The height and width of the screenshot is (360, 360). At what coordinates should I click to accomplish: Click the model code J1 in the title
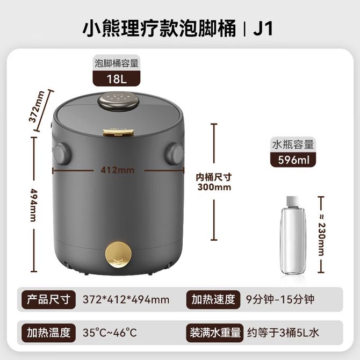point(263,28)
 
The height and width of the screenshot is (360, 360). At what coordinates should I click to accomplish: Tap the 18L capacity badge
point(117,79)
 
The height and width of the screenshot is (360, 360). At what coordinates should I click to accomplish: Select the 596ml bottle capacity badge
point(293,160)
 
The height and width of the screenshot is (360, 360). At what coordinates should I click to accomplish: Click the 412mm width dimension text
point(117,170)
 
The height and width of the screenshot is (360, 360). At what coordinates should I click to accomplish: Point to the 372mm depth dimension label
point(37,107)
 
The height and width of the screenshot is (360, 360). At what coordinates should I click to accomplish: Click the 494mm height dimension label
point(34,205)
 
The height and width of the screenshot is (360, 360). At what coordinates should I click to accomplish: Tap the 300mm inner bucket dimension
point(214,187)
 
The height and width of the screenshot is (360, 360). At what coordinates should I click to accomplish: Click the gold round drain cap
point(118,255)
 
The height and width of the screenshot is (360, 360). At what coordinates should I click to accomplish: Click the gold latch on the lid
point(118,133)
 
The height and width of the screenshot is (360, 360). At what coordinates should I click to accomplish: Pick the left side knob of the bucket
point(62,154)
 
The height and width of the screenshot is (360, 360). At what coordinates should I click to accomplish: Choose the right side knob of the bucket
point(175,154)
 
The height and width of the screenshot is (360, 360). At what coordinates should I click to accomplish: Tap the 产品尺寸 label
point(48,299)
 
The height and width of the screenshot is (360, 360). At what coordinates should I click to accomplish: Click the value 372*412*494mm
point(126,300)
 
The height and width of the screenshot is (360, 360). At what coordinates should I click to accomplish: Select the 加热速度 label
point(213,299)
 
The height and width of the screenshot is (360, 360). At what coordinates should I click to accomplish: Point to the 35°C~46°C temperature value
point(110,333)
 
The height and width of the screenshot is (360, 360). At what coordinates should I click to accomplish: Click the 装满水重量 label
point(215,333)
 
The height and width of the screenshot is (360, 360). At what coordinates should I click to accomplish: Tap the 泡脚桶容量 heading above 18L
point(117,63)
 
